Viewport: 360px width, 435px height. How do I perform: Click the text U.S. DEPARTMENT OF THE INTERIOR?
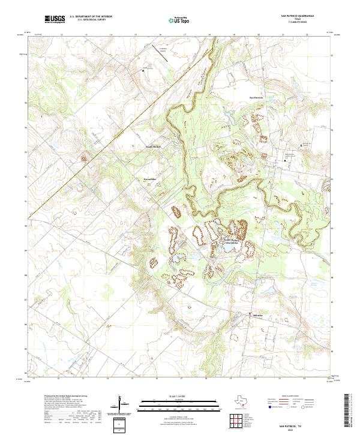point(91,16)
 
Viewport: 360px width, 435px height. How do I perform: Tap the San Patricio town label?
point(256,97)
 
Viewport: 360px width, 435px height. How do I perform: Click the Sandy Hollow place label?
point(154,146)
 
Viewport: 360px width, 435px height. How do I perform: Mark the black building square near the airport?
point(143,70)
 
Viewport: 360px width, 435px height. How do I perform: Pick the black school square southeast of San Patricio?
point(284,160)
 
